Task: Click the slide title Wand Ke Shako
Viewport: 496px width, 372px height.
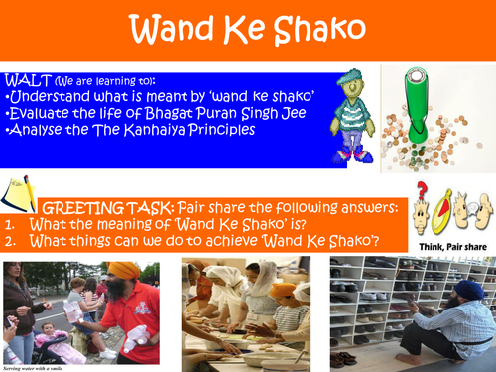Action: (x=247, y=30)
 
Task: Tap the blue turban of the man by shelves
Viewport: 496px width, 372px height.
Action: (x=470, y=291)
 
